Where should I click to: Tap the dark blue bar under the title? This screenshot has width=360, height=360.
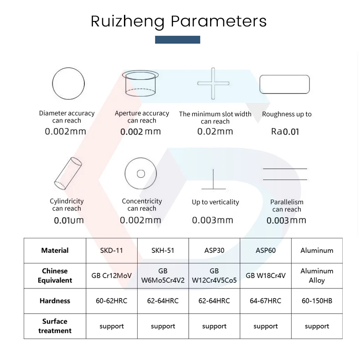coord(177,40)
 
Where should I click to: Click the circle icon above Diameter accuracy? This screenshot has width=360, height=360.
coord(68,84)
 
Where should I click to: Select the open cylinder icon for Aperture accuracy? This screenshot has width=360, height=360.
coord(141,83)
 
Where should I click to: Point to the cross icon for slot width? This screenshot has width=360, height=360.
coord(213,83)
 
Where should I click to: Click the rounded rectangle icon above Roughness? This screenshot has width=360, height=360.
coord(284,84)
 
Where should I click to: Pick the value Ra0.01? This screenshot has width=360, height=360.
coord(285,132)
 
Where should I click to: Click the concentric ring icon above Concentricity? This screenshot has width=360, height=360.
coord(141,174)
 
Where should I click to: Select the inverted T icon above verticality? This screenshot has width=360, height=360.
coord(213,180)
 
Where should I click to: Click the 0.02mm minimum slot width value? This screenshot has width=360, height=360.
coord(215,132)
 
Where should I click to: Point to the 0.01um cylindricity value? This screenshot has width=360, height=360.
coord(69,221)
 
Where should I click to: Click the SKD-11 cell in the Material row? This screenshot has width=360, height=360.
coord(112,250)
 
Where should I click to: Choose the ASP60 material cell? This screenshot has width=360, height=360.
coord(266,250)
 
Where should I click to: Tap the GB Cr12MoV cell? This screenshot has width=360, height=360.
coord(112,276)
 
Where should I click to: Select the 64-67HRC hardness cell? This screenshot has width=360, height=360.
coord(266,301)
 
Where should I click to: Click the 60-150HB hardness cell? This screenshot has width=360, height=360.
coord(317,301)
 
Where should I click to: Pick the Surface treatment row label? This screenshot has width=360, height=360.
coord(55,326)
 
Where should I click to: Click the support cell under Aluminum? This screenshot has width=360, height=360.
coord(317,326)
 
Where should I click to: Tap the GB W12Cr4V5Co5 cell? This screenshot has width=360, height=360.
coord(214,276)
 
